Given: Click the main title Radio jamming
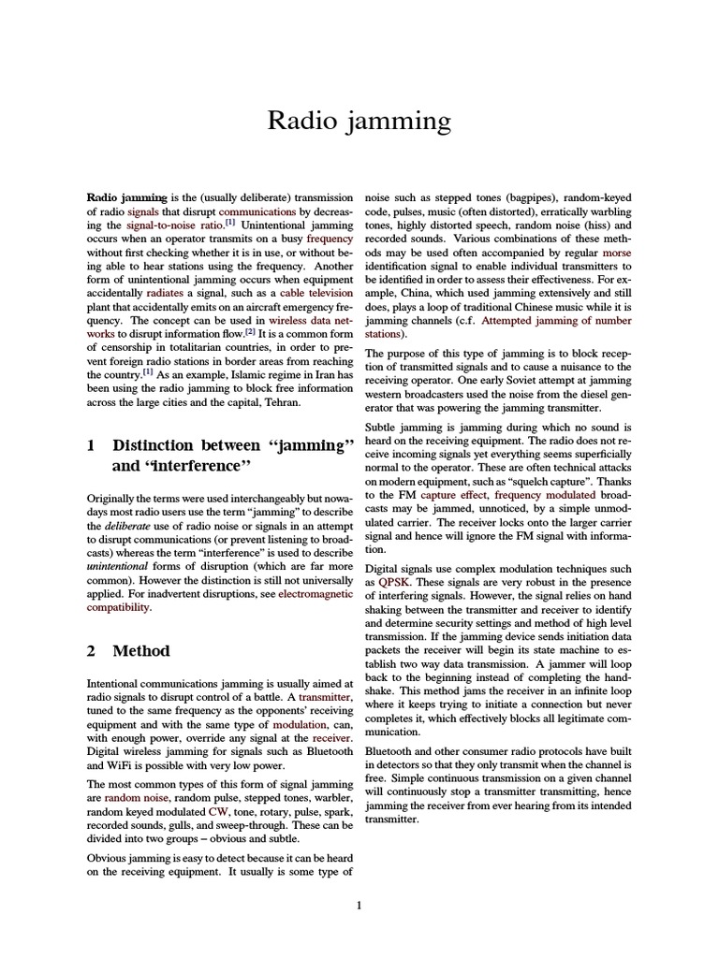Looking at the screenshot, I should [359, 121].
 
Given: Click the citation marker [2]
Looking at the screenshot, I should [250, 331].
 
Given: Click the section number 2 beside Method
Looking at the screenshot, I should [91, 650].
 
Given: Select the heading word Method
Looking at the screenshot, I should [141, 650].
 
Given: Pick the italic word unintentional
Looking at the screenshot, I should [120, 567].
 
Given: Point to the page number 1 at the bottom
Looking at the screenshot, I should [359, 905].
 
